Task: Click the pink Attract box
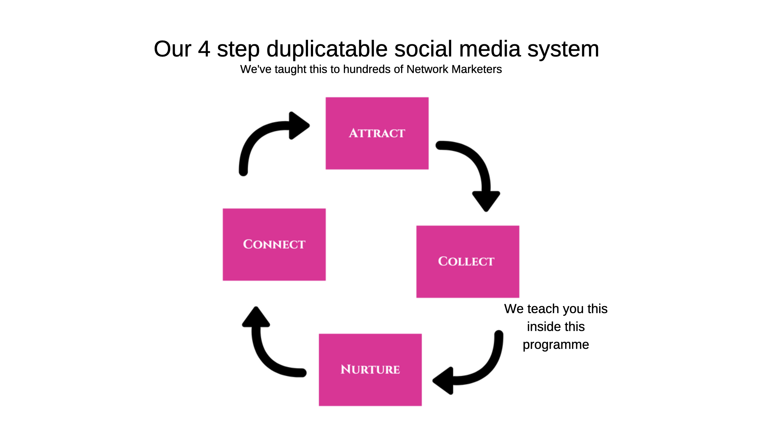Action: tap(377, 133)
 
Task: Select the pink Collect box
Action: tap(467, 261)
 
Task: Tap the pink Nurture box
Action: tap(370, 370)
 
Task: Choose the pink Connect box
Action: tap(274, 244)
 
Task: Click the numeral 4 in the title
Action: tap(204, 49)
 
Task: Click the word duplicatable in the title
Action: tap(327, 49)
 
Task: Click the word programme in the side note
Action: tap(556, 345)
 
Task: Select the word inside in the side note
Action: tap(541, 327)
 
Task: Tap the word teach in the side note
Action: tap(543, 309)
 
